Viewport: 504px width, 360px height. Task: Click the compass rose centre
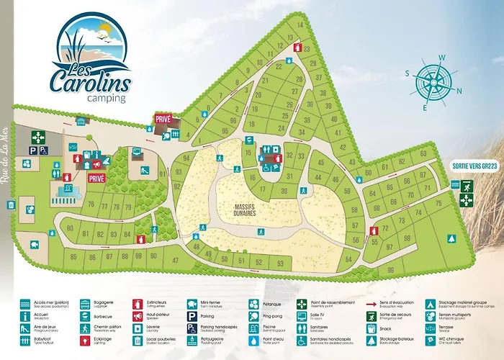434,82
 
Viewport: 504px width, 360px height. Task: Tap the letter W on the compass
443,58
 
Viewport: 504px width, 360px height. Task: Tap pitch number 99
391,270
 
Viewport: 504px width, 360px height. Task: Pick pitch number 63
423,153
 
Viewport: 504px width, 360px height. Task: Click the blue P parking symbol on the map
33,150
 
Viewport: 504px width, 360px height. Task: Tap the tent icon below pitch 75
452,237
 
